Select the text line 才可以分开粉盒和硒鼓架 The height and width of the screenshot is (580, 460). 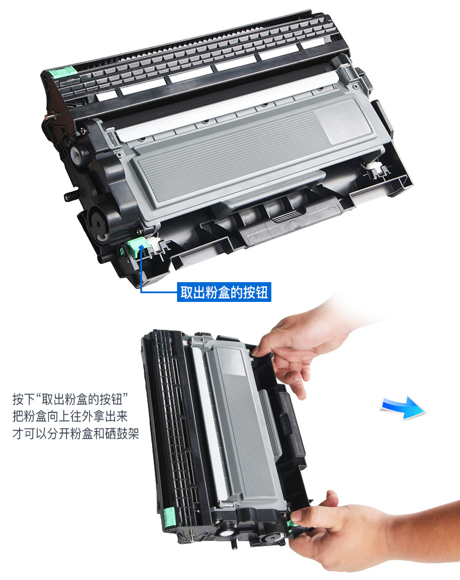(x=76, y=434)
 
